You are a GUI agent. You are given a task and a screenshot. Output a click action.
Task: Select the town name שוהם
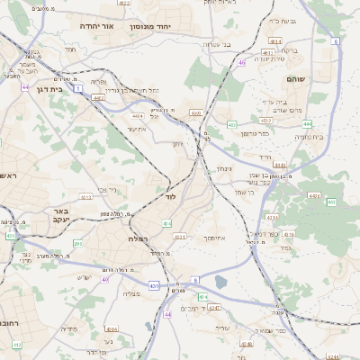(x=296, y=79)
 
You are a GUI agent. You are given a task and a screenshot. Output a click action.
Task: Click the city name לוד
(x=170, y=195)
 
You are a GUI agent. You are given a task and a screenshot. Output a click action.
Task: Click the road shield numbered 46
(x=242, y=62)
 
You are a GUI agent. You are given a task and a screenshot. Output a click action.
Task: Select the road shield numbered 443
(x=313, y=195)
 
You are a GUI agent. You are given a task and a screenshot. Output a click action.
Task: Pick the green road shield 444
(x=307, y=124)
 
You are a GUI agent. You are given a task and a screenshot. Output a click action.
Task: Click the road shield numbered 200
(x=78, y=243)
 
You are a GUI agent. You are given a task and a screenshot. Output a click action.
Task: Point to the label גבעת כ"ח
(x=282, y=20)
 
